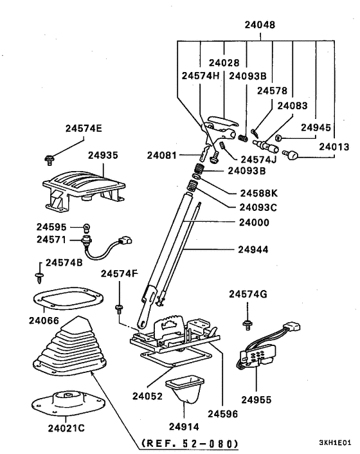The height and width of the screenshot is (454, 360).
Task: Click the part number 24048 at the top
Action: [259, 26]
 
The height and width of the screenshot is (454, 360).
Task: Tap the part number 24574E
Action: [83, 128]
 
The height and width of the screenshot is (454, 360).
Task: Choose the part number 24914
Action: [184, 425]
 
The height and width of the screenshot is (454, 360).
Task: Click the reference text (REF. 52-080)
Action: [186, 444]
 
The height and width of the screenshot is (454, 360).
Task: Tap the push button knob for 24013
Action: [294, 155]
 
